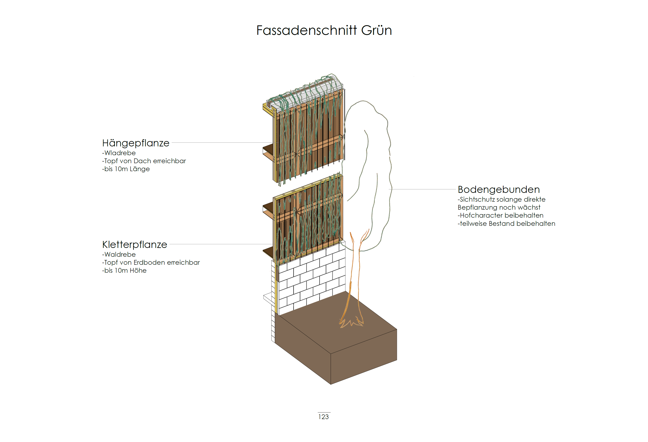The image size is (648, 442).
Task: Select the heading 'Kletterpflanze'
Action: point(134,245)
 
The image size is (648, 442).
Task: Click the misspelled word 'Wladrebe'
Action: point(120,153)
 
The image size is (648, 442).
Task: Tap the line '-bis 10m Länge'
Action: point(126,169)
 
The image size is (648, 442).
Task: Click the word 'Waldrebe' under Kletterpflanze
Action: point(120,255)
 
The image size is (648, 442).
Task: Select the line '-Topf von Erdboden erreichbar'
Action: point(151,263)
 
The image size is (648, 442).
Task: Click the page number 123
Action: point(323,417)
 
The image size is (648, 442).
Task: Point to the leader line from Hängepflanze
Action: point(223,142)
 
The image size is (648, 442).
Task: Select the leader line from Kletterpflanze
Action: point(220,244)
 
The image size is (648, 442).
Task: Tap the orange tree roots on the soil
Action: point(351,322)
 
